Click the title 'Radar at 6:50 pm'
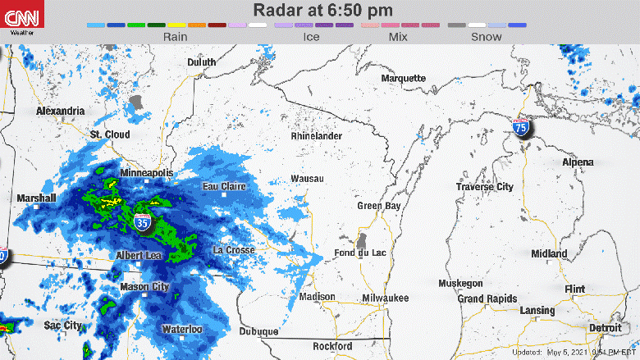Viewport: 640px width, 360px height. pos(322,11)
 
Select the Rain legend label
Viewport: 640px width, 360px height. pos(176,37)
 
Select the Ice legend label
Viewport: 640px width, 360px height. pos(311,37)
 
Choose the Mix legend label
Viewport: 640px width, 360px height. pos(399,37)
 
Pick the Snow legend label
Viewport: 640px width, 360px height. pos(486,37)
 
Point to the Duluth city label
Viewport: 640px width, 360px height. pos(201,62)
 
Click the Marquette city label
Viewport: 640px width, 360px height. pos(403,78)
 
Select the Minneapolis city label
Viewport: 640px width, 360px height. pos(147,174)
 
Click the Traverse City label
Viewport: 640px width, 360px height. pos(485,187)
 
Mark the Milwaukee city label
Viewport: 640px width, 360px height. pos(385,298)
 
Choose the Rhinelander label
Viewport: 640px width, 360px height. pos(316,136)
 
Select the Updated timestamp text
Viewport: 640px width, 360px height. pos(574,352)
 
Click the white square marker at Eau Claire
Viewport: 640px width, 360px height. pos(225,195)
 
